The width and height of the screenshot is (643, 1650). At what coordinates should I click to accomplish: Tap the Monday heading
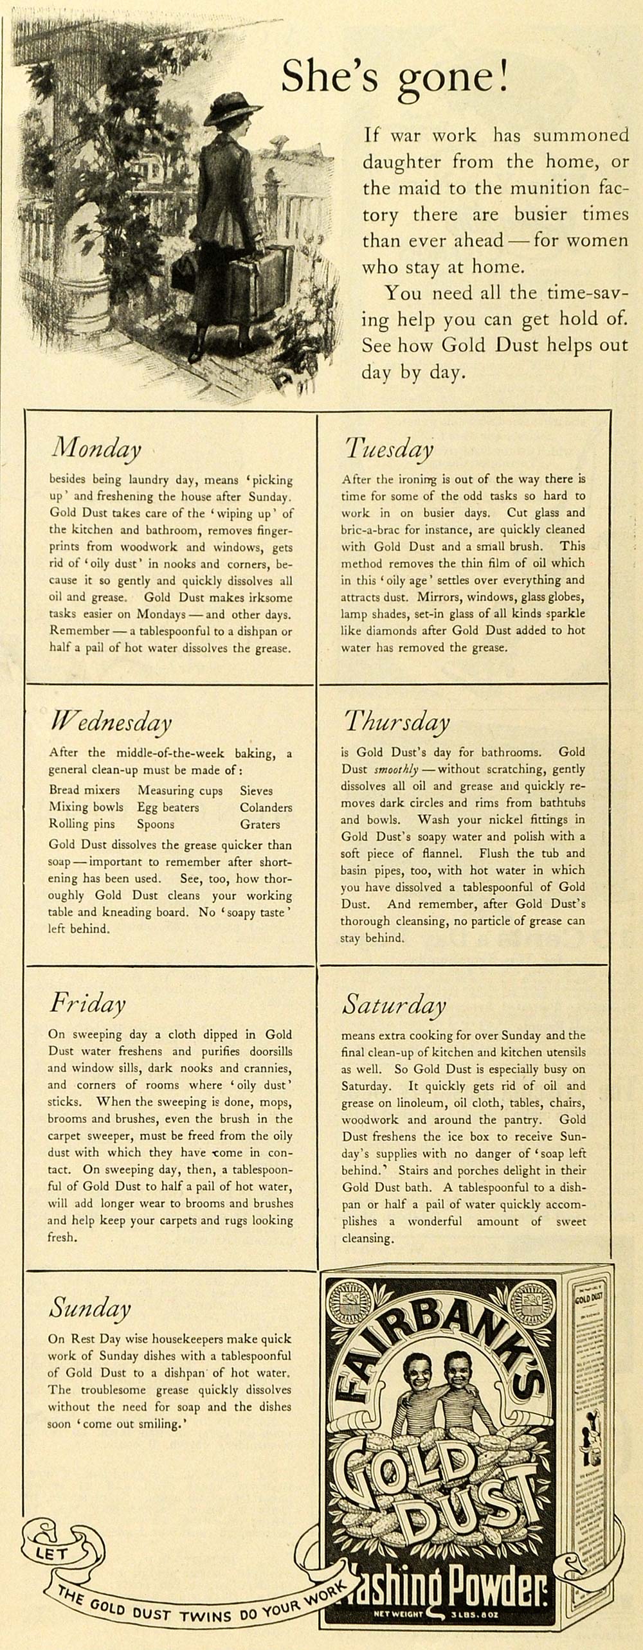coord(96,448)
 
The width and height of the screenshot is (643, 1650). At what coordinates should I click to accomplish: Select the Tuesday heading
coord(389,448)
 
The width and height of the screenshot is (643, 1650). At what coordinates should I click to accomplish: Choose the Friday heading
coord(87,1003)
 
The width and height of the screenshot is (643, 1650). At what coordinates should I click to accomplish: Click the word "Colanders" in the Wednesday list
coord(266,807)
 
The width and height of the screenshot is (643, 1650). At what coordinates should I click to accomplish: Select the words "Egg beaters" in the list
coord(168,807)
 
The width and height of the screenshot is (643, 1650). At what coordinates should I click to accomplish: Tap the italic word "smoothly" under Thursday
coord(396,769)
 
